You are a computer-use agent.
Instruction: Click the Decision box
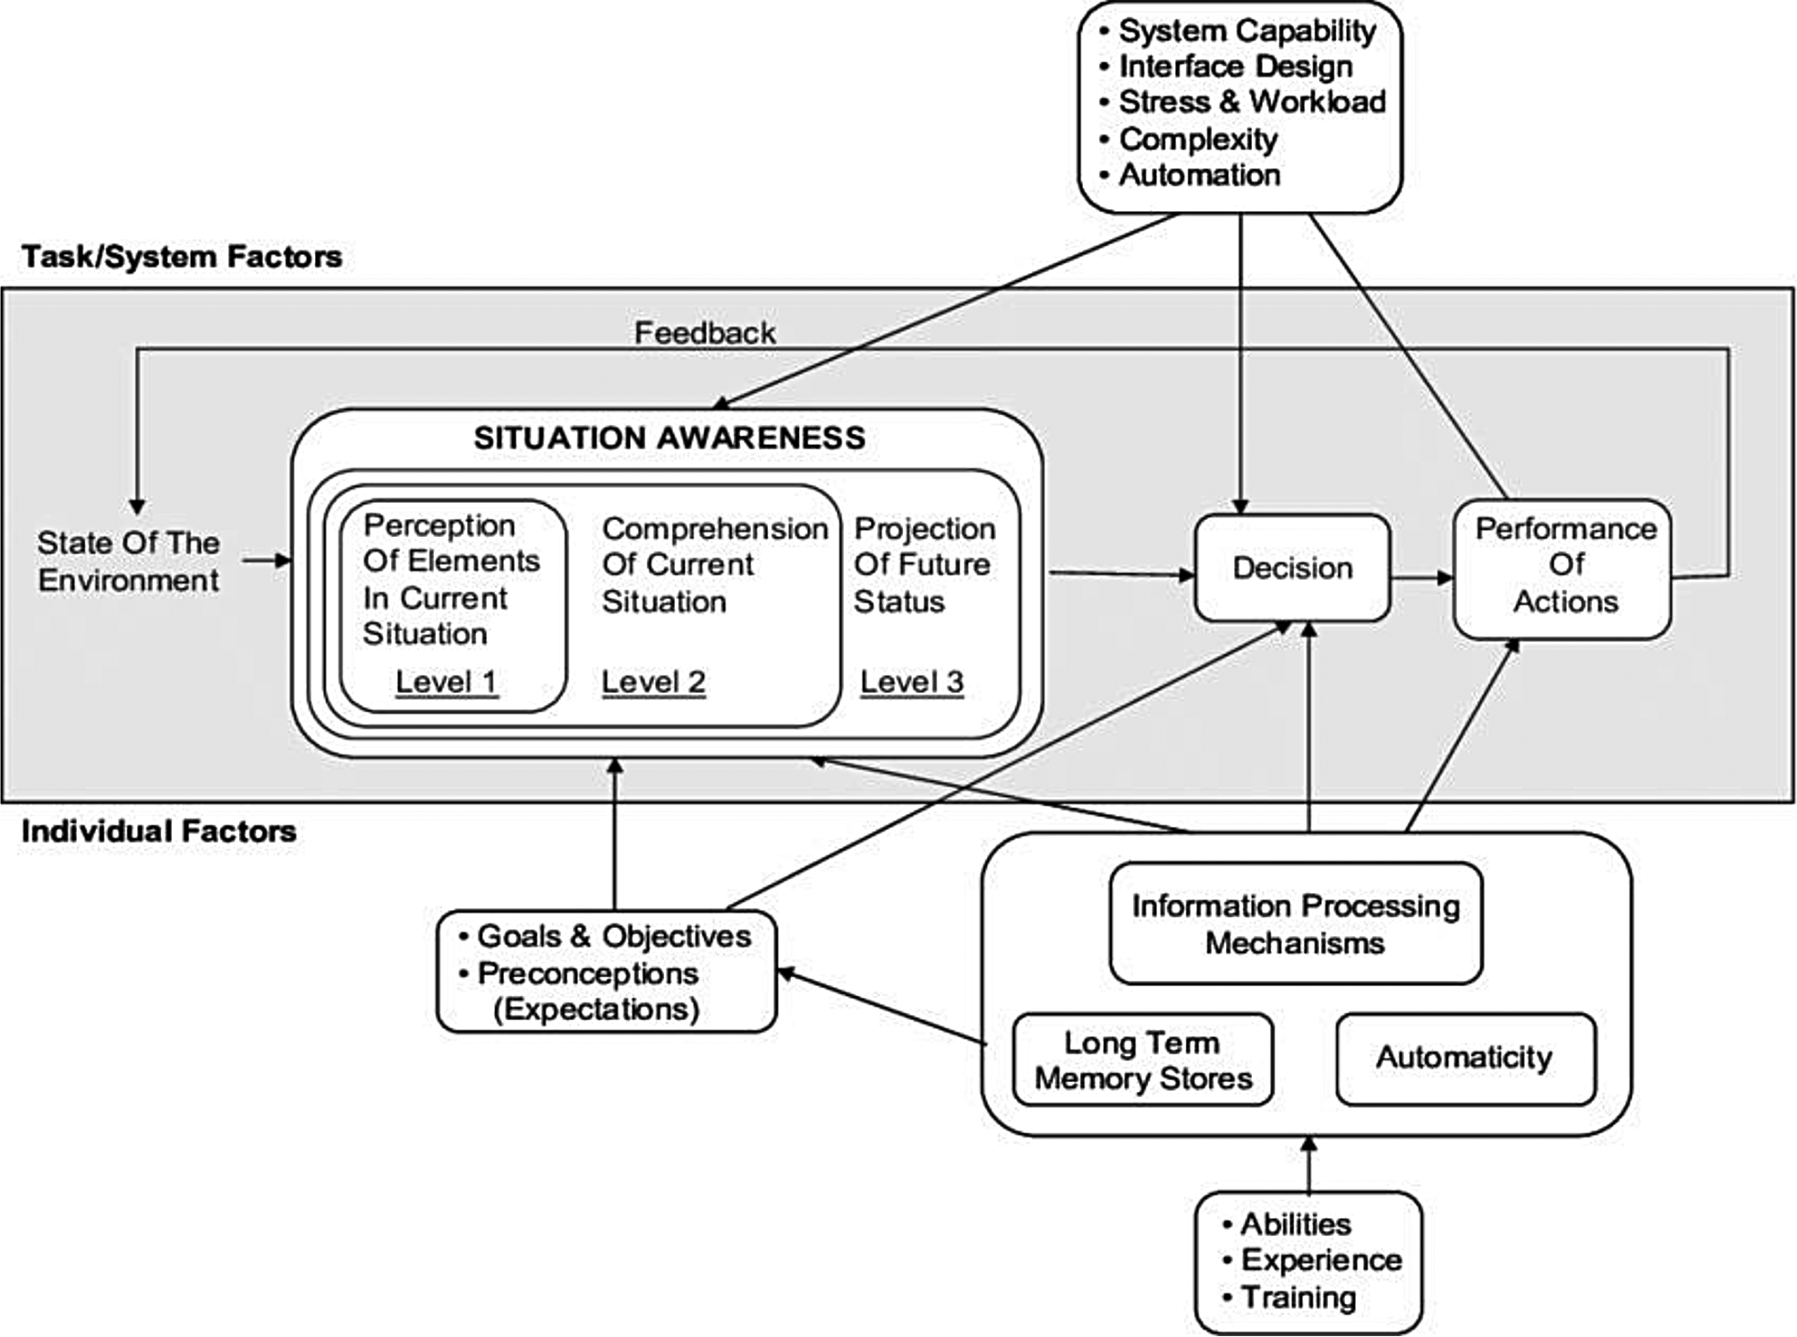coord(1292,568)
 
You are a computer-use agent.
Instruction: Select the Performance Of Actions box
coord(1563,567)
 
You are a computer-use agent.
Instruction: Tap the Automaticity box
coord(1465,1058)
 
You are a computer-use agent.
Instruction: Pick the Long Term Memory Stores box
coord(1143,1060)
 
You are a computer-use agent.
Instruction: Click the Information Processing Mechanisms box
coord(1295,924)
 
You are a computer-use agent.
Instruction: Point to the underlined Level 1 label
coord(446,683)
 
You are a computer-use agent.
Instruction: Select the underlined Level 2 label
coord(653,683)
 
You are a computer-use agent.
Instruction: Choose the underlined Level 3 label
coord(912,683)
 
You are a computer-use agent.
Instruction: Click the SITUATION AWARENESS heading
coord(669,439)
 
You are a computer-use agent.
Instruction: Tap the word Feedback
coord(704,334)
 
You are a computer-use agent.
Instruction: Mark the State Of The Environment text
coord(128,562)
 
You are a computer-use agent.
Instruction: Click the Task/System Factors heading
coord(182,257)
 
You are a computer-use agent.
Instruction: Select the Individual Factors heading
coord(158,831)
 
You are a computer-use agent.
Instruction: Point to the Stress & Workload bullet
coord(1251,102)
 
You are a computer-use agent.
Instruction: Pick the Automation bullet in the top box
coord(1199,175)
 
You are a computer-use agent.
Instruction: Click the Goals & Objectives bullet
coord(613,937)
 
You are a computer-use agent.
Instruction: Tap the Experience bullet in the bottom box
coord(1321,1261)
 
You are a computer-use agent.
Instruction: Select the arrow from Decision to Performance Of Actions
coord(1422,577)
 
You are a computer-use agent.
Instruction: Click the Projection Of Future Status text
coord(924,566)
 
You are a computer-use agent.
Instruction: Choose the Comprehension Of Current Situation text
coord(714,566)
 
